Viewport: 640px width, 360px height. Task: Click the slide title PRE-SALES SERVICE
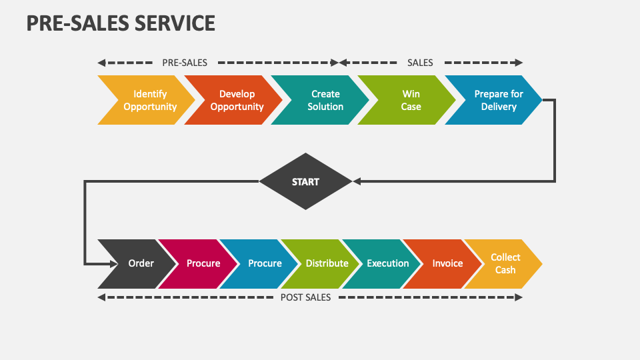(x=121, y=23)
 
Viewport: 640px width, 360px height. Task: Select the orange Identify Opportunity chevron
(x=149, y=100)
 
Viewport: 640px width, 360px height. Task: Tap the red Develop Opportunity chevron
(x=236, y=100)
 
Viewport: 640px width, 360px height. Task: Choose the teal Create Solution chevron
(x=325, y=100)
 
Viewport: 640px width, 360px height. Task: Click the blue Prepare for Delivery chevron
(x=497, y=100)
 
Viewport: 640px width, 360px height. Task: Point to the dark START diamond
(x=305, y=181)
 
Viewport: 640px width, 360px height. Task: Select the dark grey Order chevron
(x=139, y=263)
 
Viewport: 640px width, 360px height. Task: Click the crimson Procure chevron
(x=202, y=263)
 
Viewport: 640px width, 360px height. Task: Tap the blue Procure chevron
(x=264, y=263)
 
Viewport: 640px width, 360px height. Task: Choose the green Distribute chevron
(x=326, y=263)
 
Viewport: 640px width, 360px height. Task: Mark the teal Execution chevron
(x=387, y=263)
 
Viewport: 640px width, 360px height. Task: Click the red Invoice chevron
(x=447, y=263)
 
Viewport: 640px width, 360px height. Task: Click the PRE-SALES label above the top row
(x=185, y=63)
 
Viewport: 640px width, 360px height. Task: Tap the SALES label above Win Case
(x=420, y=63)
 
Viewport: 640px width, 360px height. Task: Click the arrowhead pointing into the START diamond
(x=357, y=181)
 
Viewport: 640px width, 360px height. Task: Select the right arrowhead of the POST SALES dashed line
(x=519, y=297)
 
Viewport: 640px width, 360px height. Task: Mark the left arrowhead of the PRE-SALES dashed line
(x=101, y=63)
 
